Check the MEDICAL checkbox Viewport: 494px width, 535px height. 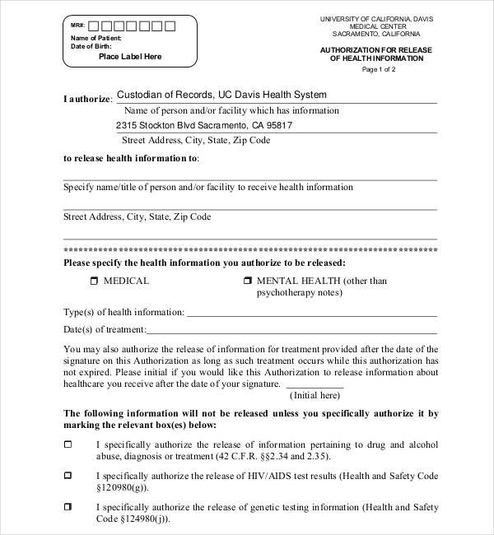pos(93,281)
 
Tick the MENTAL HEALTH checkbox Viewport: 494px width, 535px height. pos(247,281)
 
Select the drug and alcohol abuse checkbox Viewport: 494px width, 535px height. pos(68,444)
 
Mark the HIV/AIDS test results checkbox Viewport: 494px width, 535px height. pos(68,475)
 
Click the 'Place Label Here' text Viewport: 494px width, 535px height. pos(130,57)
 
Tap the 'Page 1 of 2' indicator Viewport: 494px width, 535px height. pos(379,69)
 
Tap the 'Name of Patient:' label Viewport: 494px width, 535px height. pos(96,38)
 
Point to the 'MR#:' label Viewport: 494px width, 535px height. pos(78,26)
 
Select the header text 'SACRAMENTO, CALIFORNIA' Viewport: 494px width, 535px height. pos(376,34)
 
